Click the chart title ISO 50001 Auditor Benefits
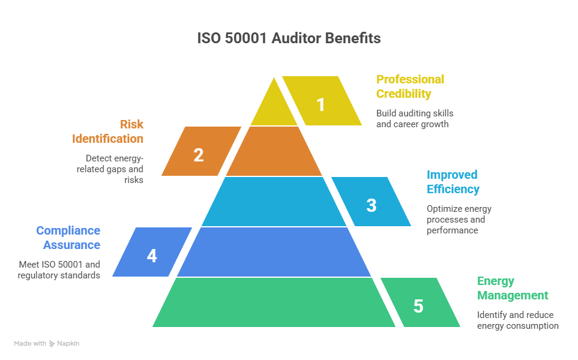(289, 38)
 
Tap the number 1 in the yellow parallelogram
(321, 105)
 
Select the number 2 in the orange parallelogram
(199, 155)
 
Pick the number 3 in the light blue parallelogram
(372, 205)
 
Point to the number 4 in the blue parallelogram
(152, 256)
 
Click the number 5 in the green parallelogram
(418, 306)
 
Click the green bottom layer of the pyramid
(274, 302)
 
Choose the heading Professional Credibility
(410, 86)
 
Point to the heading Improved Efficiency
(453, 182)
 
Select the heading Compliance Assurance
(68, 238)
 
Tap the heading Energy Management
(512, 288)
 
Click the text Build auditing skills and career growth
(414, 118)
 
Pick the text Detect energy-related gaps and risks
(114, 169)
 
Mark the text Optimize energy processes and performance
(459, 219)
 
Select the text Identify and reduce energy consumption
(517, 320)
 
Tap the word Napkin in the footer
(68, 344)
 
